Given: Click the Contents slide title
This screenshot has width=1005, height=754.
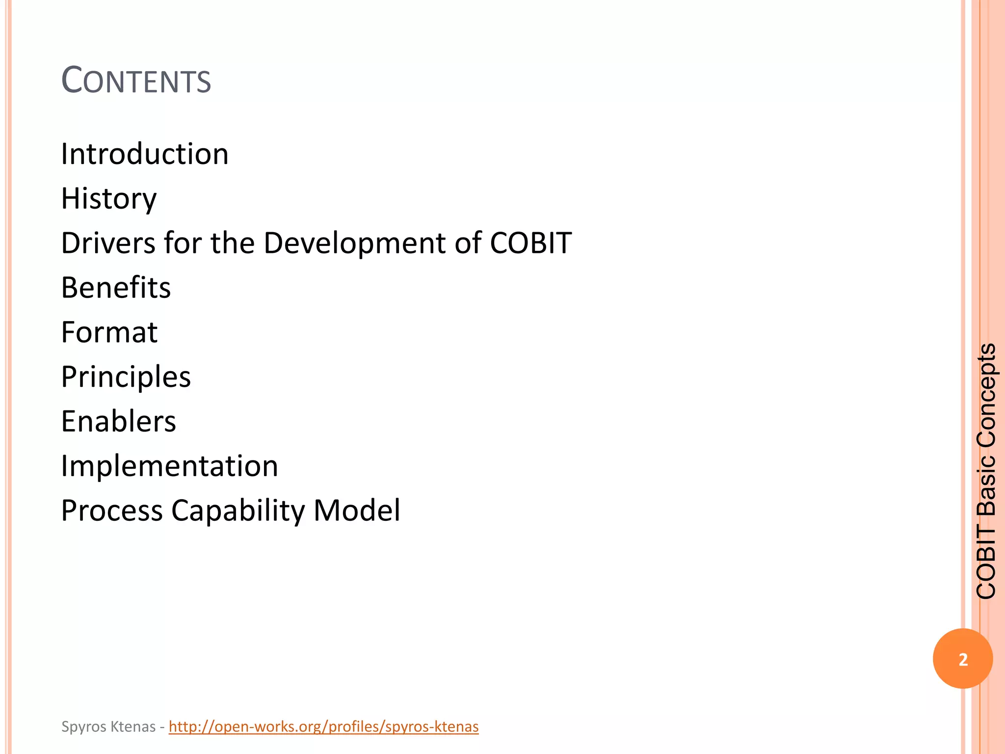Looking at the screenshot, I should tap(136, 81).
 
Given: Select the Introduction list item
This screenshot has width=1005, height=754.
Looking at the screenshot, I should tap(145, 154).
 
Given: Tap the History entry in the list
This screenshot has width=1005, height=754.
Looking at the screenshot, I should tap(109, 199).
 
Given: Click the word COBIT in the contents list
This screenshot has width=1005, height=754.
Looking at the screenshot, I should tap(530, 243).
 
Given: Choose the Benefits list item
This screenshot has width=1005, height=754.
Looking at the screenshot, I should tap(116, 288).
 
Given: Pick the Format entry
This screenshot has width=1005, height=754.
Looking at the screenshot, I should tap(109, 332).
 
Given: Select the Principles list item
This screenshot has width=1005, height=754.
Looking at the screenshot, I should tap(126, 377).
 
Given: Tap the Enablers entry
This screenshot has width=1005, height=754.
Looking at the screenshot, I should tap(118, 422).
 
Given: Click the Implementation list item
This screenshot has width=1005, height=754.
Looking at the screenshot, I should tap(169, 466).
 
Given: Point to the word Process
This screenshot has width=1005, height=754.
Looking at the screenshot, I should tap(112, 511).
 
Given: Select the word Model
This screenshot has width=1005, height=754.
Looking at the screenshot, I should tap(357, 511).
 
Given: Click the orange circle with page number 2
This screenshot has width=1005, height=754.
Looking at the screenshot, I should tap(963, 659).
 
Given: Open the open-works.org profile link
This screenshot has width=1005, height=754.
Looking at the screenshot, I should tap(323, 727).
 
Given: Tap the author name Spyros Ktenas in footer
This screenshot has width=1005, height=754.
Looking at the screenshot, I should tap(108, 727).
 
